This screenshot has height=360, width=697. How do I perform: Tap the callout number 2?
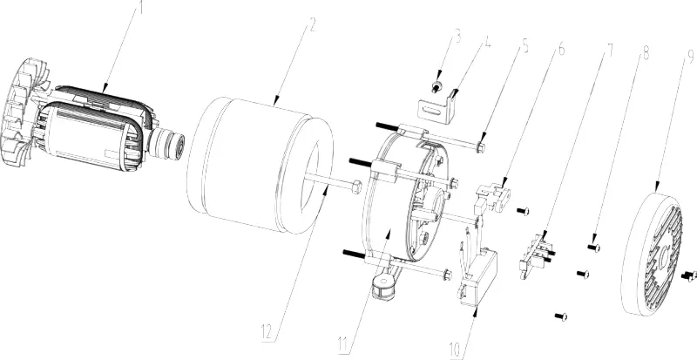click(x=313, y=25)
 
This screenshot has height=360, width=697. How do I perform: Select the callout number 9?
click(x=690, y=55)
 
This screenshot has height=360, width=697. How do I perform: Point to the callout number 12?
click(x=267, y=332)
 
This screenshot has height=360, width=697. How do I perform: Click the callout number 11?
click(x=343, y=343)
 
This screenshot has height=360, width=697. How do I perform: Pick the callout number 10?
click(x=456, y=350)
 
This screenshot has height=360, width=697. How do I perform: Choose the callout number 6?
click(x=561, y=49)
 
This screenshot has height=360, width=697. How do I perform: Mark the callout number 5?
click(x=525, y=45)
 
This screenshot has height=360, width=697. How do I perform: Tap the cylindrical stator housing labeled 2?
click(x=260, y=165)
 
